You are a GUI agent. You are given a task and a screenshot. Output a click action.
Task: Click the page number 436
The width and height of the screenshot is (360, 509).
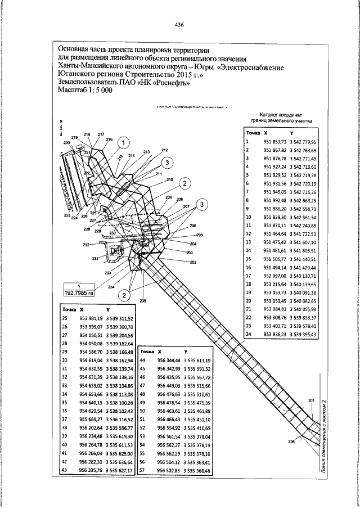(179, 25)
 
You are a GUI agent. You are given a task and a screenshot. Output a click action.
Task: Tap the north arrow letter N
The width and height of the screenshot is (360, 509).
(60, 122)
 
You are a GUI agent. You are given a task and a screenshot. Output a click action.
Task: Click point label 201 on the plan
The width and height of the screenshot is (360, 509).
(312, 400)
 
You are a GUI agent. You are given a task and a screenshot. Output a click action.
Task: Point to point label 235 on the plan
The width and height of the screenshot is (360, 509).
(143, 301)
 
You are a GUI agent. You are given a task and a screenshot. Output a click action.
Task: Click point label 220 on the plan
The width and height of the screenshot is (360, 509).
(67, 143)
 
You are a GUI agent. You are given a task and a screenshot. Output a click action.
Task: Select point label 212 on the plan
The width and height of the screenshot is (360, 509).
(164, 150)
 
